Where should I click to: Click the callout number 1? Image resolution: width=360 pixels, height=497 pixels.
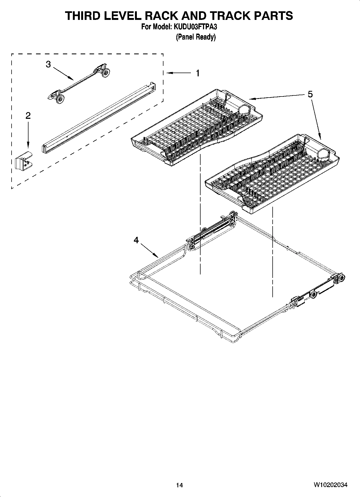tap(198, 73)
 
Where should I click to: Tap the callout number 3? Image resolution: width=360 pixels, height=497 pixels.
tap(48, 65)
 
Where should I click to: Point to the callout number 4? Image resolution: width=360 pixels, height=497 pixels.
tap(136, 240)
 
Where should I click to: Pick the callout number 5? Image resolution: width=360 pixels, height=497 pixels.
tap(310, 94)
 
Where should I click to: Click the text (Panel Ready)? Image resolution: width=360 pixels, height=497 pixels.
tap(196, 37)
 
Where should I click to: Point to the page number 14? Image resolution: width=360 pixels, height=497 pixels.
tap(179, 485)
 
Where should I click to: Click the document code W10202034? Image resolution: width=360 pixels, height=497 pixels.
tap(330, 485)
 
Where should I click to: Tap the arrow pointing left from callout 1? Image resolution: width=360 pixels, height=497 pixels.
tap(179, 73)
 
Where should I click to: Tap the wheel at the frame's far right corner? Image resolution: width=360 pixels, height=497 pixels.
tap(342, 278)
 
